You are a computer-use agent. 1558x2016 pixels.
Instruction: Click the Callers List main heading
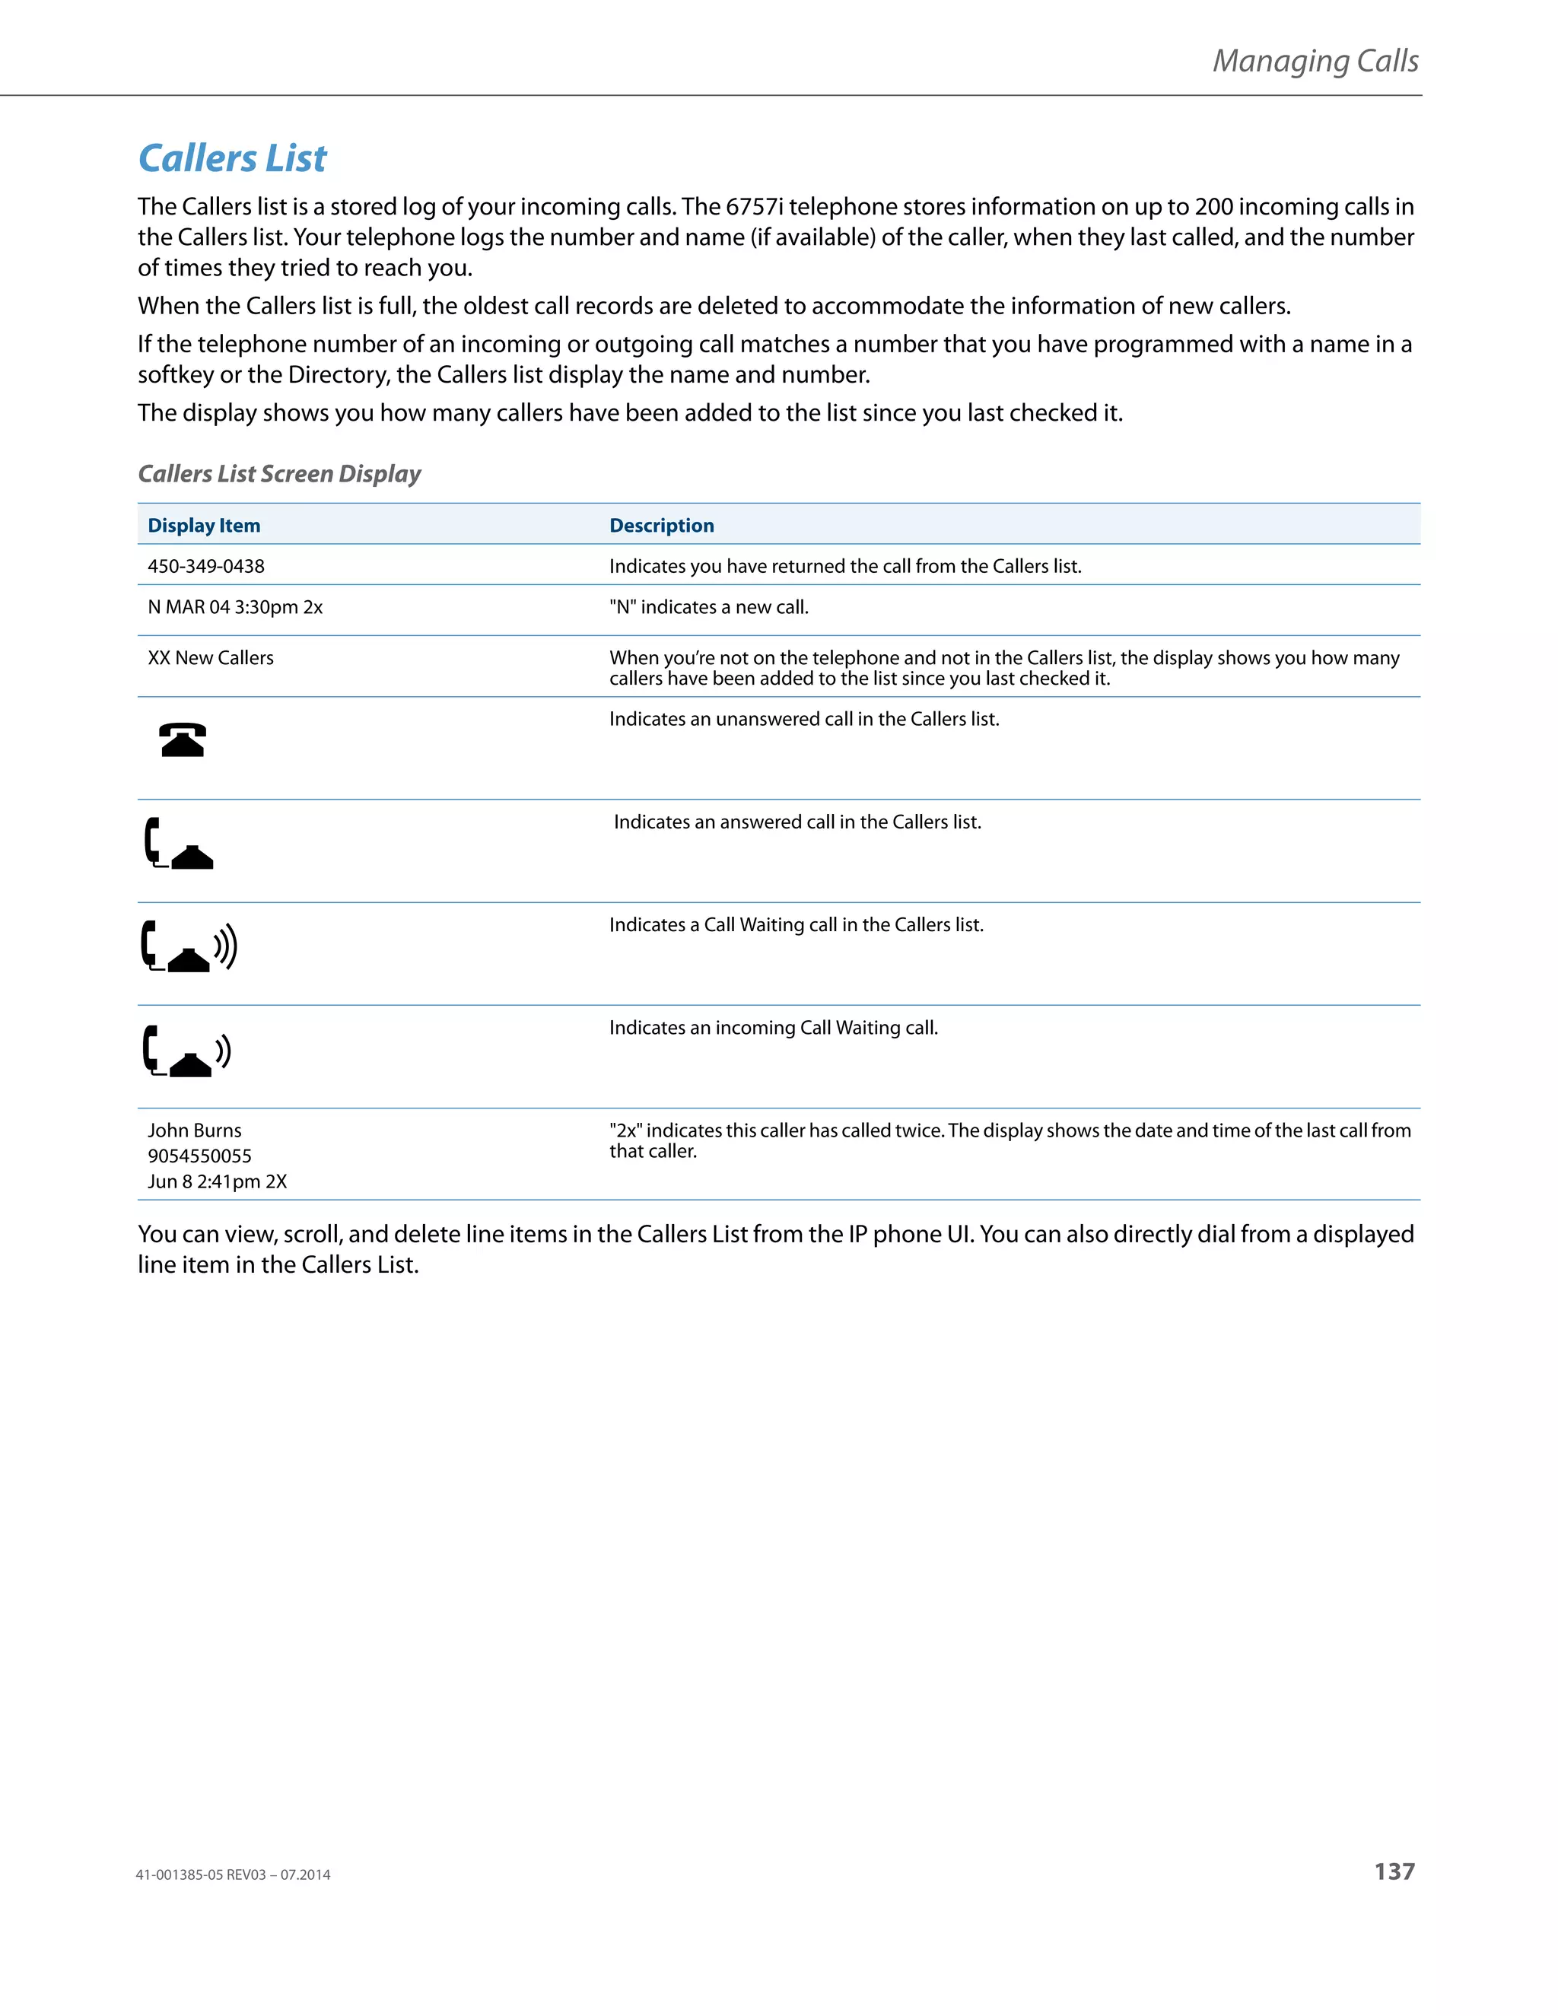tap(232, 159)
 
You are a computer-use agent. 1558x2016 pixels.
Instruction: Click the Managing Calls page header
tap(1315, 61)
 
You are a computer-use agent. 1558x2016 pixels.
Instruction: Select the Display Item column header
tap(204, 525)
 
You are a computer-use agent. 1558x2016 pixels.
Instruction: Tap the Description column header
tap(661, 525)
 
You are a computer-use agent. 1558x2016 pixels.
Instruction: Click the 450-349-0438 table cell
tap(206, 566)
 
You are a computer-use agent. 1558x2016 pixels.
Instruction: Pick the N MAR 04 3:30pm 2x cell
tap(234, 607)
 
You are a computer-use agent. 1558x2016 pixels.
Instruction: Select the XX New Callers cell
tap(211, 658)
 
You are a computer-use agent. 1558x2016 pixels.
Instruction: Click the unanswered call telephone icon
tap(183, 739)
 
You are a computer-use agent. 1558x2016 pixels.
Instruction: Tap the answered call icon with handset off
tap(179, 843)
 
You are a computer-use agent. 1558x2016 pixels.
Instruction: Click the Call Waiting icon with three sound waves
tap(189, 946)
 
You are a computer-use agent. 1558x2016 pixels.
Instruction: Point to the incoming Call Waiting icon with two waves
tap(186, 1051)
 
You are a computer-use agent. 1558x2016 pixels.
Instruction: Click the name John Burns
tap(195, 1130)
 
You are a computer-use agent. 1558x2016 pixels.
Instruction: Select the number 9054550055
tap(199, 1156)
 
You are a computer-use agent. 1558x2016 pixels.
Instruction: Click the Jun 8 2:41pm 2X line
tap(217, 1181)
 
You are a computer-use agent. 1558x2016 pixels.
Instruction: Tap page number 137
tap(1394, 1871)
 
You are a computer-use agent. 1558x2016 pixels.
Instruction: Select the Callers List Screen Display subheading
tap(278, 473)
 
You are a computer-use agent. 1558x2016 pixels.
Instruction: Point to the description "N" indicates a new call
tap(708, 607)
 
